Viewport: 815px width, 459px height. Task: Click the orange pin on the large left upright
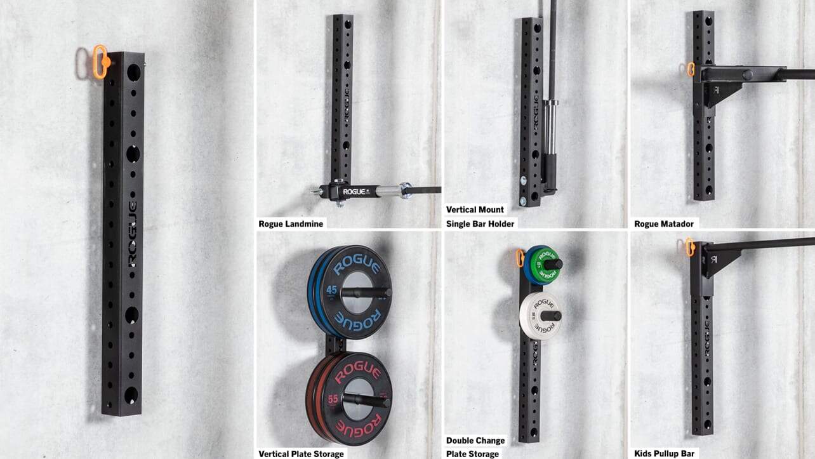(x=100, y=62)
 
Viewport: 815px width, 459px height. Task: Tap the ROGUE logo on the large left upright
(x=132, y=233)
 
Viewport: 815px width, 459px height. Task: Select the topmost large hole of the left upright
(x=133, y=72)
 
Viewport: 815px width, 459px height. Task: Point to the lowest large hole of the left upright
(x=131, y=395)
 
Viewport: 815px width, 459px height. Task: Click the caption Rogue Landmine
(x=291, y=223)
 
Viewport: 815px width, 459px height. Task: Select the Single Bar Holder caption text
(x=480, y=223)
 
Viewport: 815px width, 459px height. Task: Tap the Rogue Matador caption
(x=663, y=223)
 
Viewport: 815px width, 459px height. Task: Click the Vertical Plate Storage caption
(x=301, y=454)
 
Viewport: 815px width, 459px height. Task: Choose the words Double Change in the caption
(x=475, y=441)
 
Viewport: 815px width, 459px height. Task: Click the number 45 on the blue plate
(x=331, y=289)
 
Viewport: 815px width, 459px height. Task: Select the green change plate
(x=545, y=265)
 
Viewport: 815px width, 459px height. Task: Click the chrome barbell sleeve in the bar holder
(x=550, y=127)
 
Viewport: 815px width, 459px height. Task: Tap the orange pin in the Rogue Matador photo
(x=691, y=69)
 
